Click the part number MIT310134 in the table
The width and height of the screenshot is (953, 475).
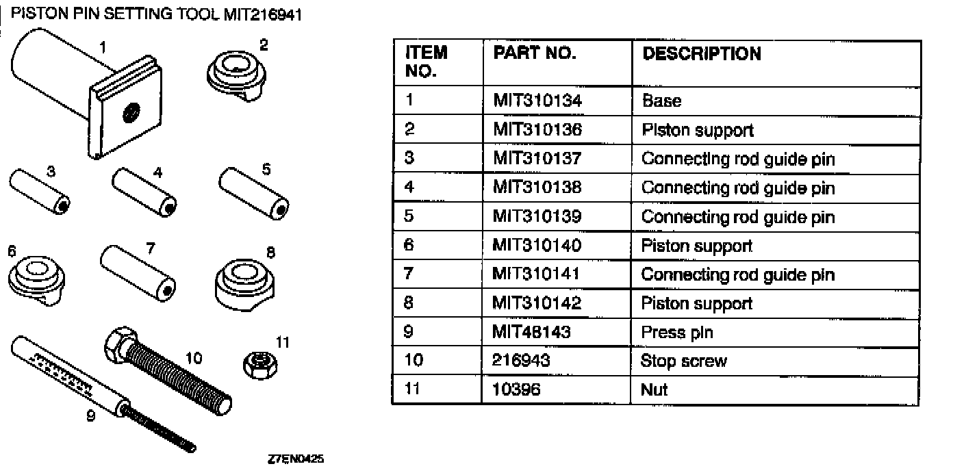click(x=537, y=101)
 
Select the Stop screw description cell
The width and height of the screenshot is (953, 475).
click(x=683, y=361)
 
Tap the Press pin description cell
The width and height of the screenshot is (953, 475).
click(x=677, y=332)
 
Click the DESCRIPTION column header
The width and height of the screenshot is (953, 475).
click(x=701, y=54)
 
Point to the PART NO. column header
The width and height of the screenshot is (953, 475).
click(x=535, y=53)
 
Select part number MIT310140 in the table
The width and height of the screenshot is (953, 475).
click(x=537, y=246)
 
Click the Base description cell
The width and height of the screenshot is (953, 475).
click(x=661, y=101)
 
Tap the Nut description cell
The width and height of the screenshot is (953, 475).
click(x=654, y=389)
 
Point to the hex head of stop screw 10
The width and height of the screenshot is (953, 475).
click(x=118, y=342)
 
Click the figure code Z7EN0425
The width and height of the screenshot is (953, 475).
click(x=296, y=461)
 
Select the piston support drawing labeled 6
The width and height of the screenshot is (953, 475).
click(x=36, y=278)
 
